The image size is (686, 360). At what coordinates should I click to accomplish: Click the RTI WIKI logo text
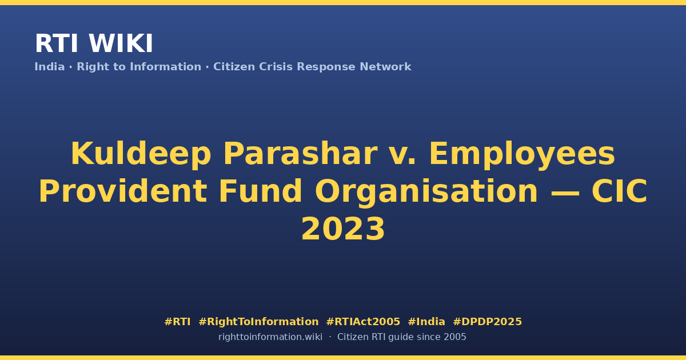click(94, 43)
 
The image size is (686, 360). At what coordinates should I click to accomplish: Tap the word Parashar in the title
click(300, 154)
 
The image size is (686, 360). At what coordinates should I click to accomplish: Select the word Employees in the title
click(522, 154)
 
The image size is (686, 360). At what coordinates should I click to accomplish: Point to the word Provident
click(123, 191)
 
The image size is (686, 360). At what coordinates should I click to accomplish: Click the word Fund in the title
click(260, 191)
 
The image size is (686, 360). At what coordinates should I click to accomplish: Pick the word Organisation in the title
click(426, 192)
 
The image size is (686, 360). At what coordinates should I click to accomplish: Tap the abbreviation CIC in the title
click(619, 191)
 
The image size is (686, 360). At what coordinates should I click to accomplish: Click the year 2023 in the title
click(343, 229)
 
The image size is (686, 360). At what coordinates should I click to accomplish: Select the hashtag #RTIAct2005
click(363, 322)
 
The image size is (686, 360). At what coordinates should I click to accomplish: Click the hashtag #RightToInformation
click(258, 322)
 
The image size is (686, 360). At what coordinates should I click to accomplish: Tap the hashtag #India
click(426, 322)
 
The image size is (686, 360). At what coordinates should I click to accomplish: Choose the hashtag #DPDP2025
click(487, 322)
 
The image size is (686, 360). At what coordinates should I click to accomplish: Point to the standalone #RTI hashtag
click(177, 322)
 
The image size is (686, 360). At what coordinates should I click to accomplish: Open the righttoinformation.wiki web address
click(270, 337)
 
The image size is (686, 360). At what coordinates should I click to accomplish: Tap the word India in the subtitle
click(50, 67)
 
